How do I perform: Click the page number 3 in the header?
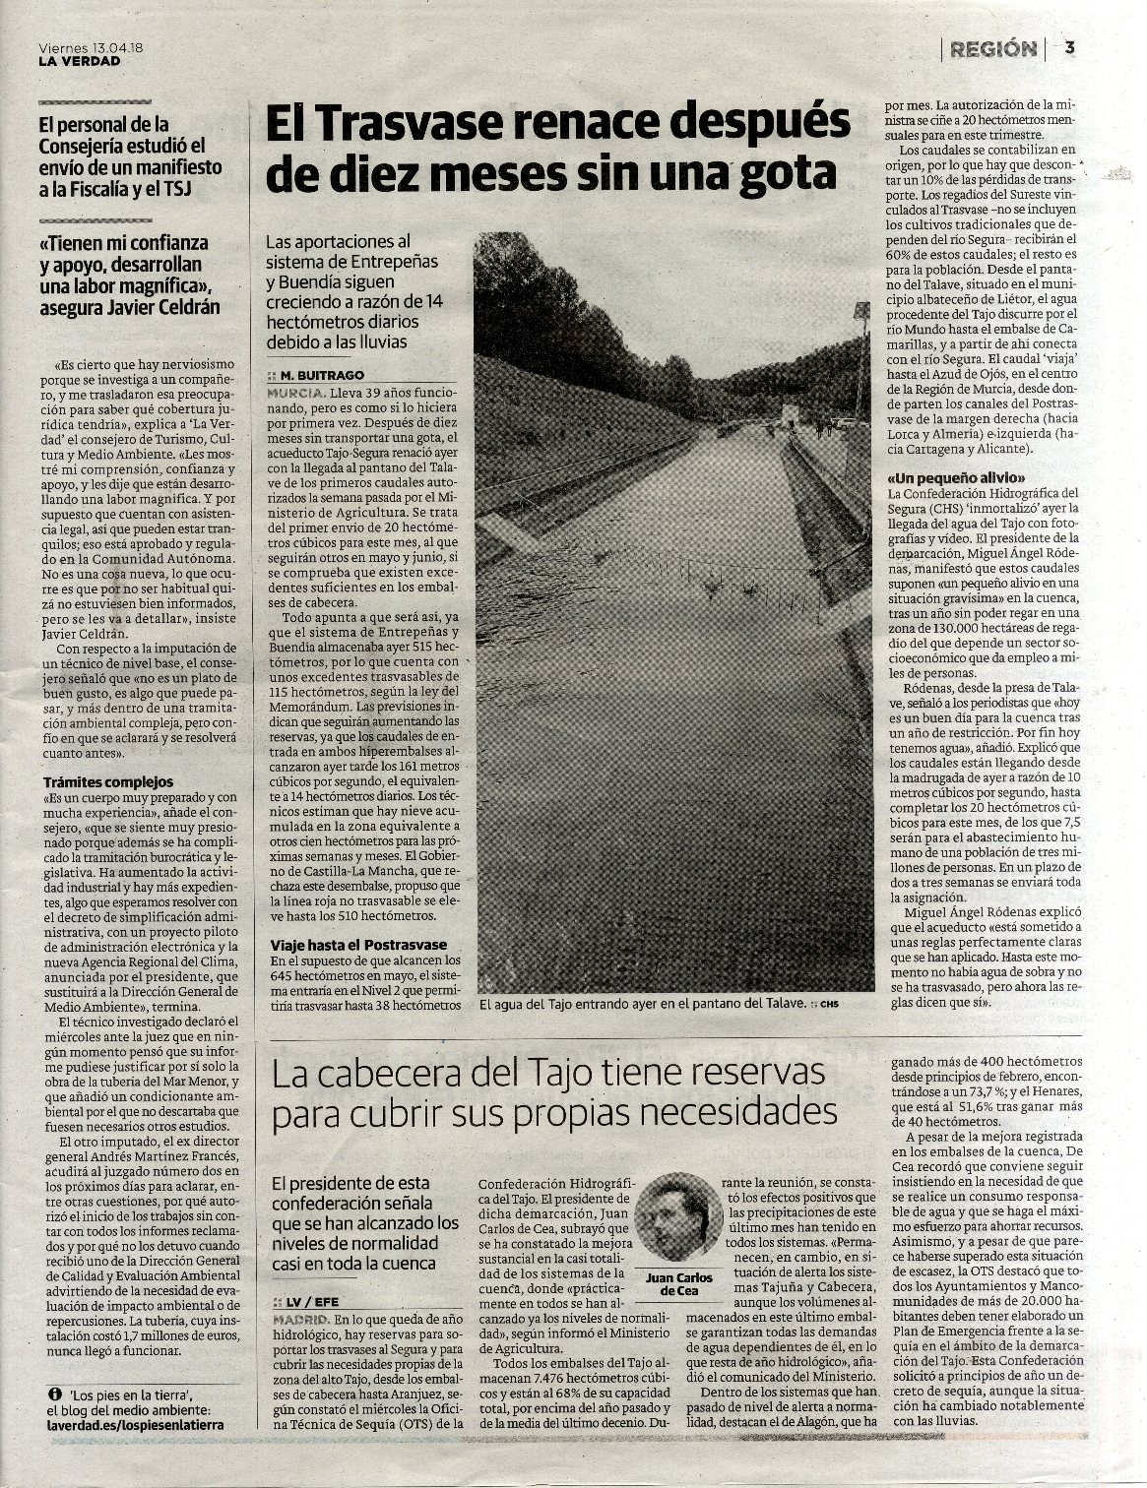click(x=1069, y=47)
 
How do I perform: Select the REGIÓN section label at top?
click(x=993, y=48)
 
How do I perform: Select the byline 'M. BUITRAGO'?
click(x=321, y=376)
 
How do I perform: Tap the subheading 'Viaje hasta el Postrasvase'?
click(x=358, y=945)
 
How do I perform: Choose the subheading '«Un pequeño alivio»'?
click(x=950, y=478)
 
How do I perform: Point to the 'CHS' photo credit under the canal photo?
click(x=832, y=1005)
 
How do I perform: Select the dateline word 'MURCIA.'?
click(x=297, y=392)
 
